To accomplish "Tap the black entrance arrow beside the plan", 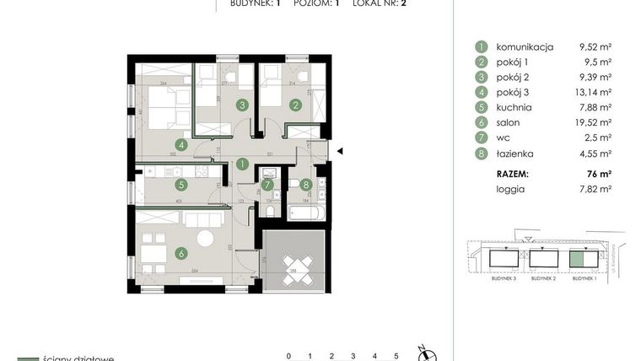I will click(x=338, y=151).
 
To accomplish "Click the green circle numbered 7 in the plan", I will click(x=267, y=185).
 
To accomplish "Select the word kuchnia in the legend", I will click(x=514, y=107).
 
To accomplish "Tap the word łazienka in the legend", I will click(x=515, y=154).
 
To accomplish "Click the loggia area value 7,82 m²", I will click(x=590, y=189).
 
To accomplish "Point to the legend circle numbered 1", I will click(x=482, y=46).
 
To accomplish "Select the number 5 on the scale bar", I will click(x=396, y=356).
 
